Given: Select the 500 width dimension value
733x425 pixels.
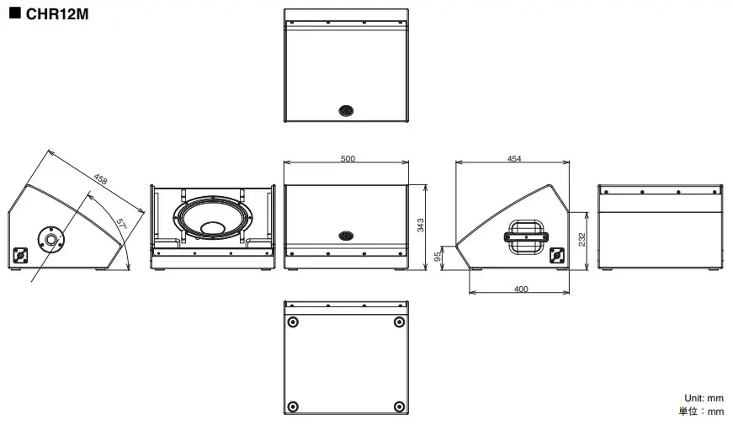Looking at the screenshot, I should tap(347, 158).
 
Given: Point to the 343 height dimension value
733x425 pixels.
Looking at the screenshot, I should tap(421, 224).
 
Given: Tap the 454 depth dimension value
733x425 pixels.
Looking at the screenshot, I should tap(514, 158).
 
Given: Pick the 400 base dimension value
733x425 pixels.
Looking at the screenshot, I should tap(521, 289).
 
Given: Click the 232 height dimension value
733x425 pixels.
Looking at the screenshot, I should tap(582, 239).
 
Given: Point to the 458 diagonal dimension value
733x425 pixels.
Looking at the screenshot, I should tap(100, 179).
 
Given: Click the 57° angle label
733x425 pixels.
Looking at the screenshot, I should tap(121, 225).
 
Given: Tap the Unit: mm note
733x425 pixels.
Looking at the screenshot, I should tap(704, 397).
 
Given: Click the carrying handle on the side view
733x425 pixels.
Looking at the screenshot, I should tap(524, 235).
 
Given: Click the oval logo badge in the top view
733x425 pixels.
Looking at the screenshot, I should tap(346, 110).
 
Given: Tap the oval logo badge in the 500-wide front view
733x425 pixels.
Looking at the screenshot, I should tap(346, 236).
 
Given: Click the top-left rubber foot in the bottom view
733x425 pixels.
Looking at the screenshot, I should tap(293, 323).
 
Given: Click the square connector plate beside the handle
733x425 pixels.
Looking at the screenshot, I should tap(555, 256).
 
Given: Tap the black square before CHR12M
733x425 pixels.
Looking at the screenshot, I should tap(14, 13).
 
